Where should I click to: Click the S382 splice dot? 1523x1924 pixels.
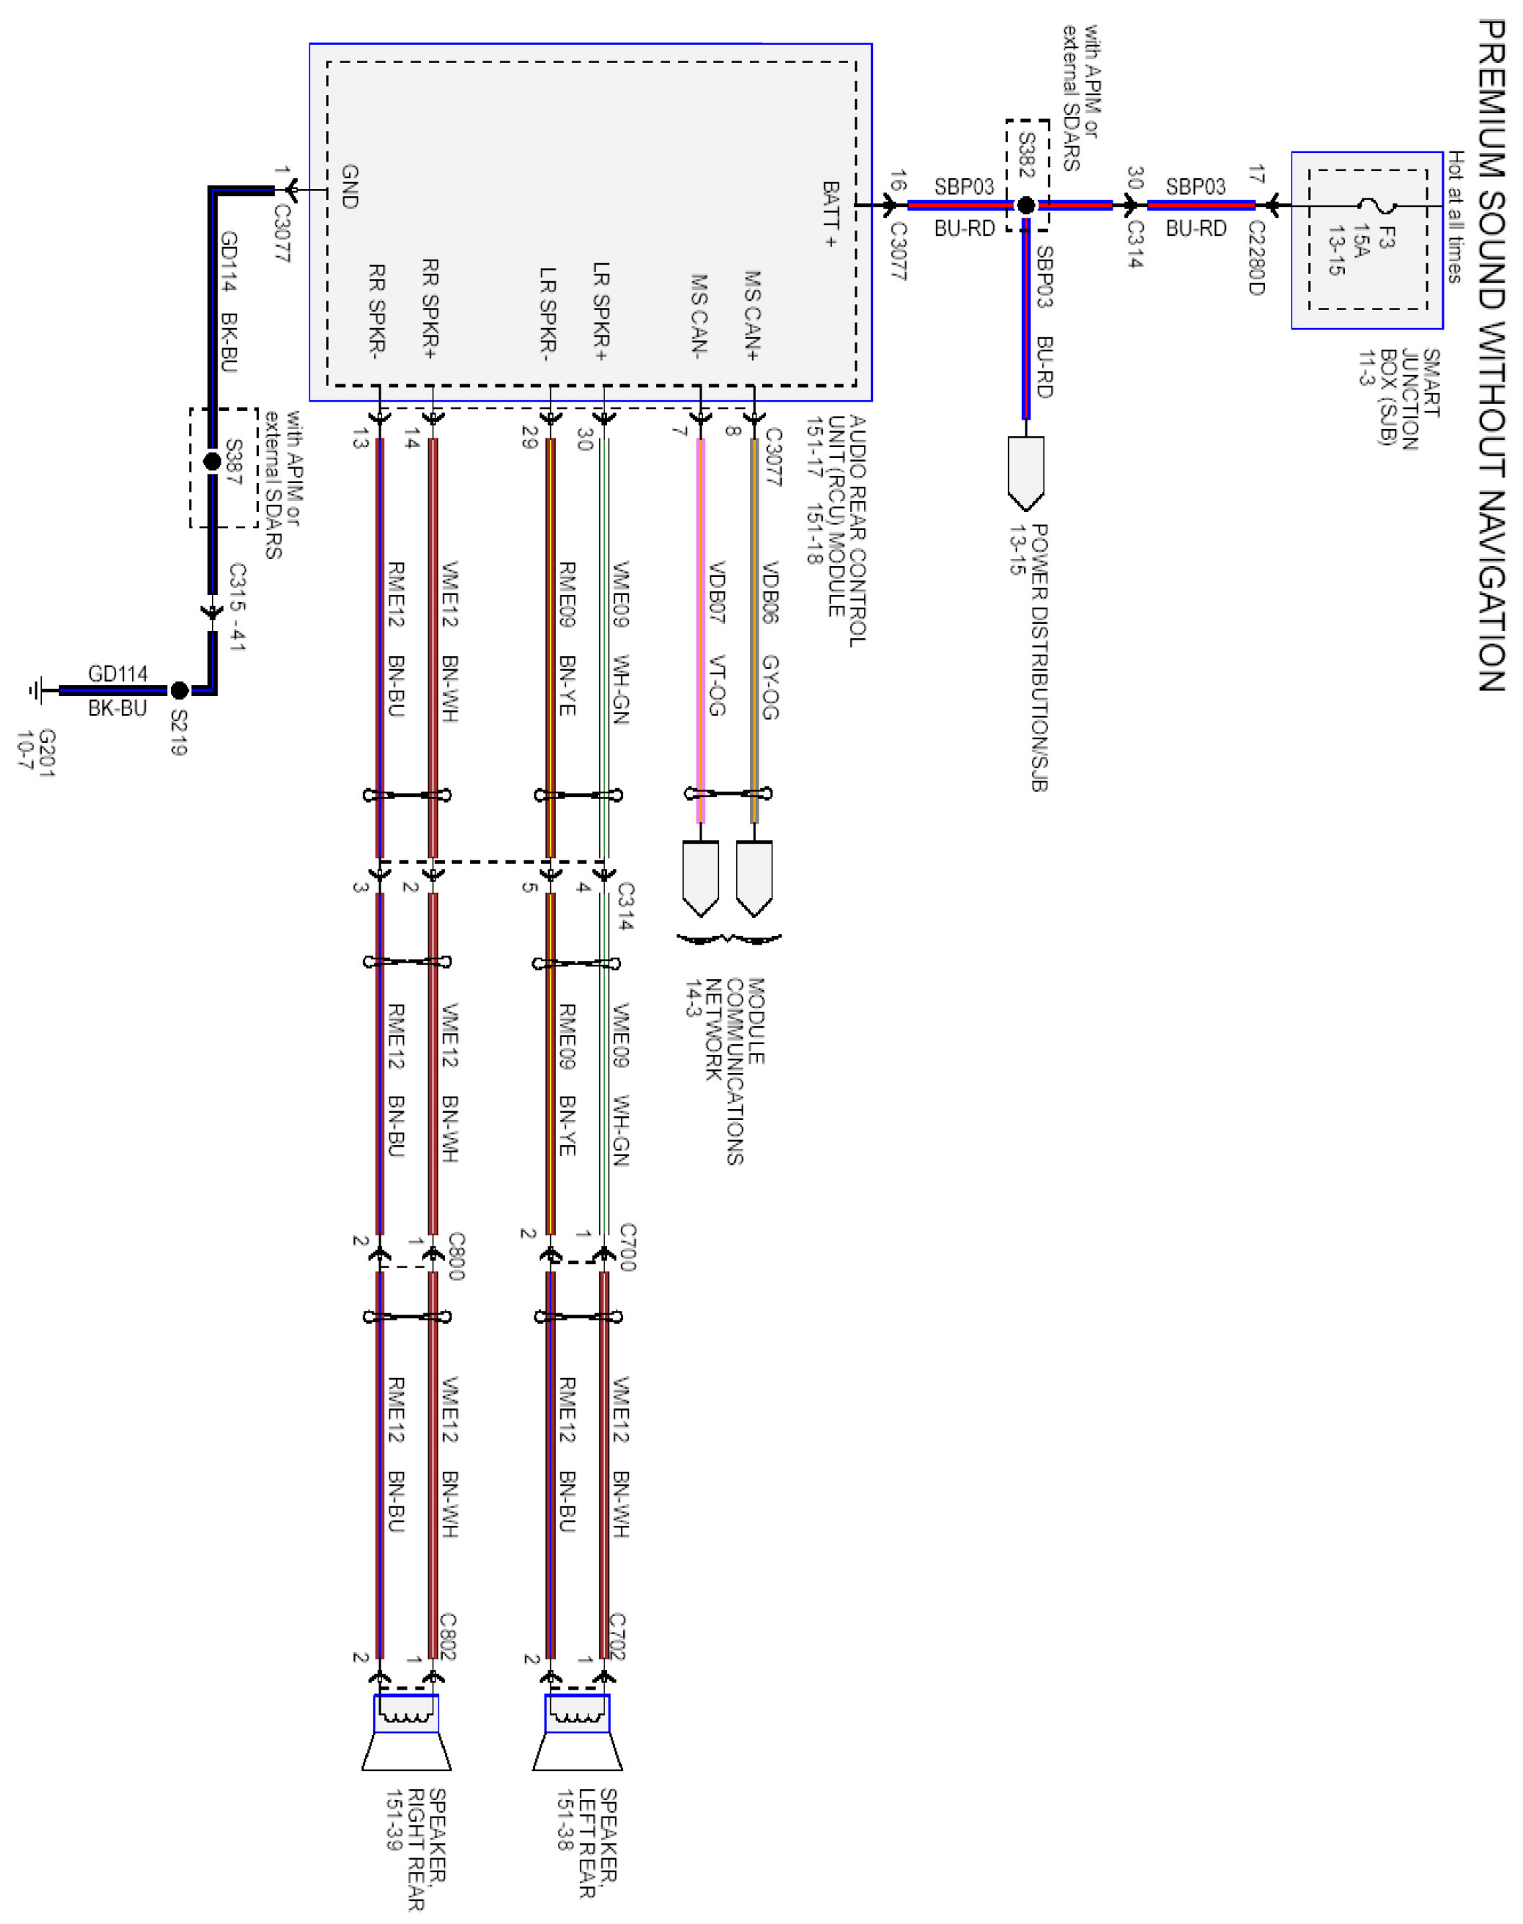[x=1026, y=206]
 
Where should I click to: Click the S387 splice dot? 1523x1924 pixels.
[x=212, y=461]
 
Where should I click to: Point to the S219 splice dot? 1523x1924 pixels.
[x=180, y=690]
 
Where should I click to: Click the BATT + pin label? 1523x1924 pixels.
[x=831, y=214]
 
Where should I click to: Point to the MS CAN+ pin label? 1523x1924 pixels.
[x=753, y=316]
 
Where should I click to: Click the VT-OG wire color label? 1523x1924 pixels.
[x=717, y=686]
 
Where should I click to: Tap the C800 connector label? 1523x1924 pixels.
[x=456, y=1256]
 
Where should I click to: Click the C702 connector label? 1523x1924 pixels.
[x=617, y=1636]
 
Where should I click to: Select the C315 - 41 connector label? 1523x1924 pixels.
[x=237, y=606]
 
